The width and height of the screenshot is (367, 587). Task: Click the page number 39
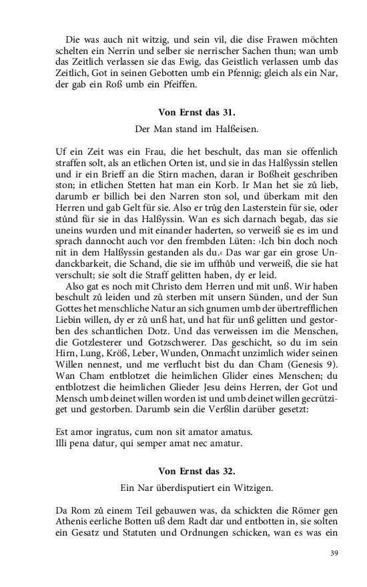[x=335, y=553]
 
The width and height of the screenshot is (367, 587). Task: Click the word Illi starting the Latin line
[x=63, y=442]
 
